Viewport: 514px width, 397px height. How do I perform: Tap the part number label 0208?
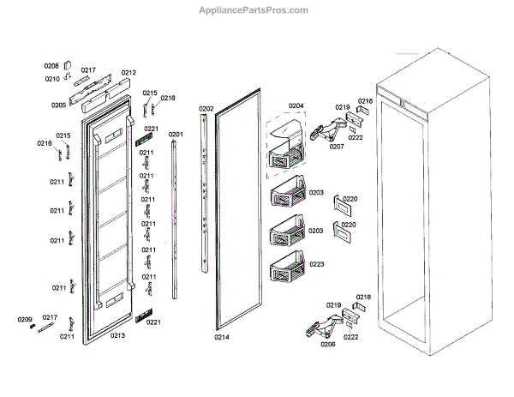tap(51, 66)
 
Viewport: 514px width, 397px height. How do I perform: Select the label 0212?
tap(128, 72)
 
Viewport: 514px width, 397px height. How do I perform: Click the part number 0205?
tap(58, 105)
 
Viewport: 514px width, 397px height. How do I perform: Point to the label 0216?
tap(168, 99)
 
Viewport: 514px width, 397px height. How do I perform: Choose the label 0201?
tap(176, 135)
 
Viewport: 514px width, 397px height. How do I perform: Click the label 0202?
tap(206, 109)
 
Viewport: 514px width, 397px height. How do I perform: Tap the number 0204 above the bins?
tap(296, 106)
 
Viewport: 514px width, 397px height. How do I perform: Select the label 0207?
tap(338, 147)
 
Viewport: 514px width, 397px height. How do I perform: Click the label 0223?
tap(316, 265)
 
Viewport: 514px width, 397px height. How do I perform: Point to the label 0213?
tap(117, 335)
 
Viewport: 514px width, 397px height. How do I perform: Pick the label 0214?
tap(222, 337)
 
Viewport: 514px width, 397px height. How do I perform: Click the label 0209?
tap(24, 319)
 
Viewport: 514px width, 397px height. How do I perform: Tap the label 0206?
tap(327, 344)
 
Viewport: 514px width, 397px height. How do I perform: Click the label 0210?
tap(51, 79)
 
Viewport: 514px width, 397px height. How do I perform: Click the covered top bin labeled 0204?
tap(286, 143)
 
